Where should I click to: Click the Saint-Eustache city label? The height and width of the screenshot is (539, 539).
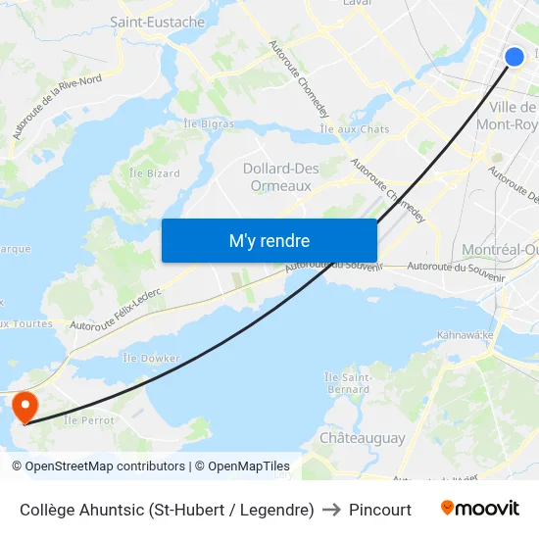click(157, 22)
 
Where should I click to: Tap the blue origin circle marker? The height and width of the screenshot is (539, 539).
click(514, 57)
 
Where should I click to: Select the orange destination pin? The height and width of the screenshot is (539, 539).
click(23, 407)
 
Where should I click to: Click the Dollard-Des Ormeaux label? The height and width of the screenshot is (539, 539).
click(280, 176)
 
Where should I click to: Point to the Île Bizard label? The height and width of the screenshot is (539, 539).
click(155, 173)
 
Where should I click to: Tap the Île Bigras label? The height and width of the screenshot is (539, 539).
click(209, 123)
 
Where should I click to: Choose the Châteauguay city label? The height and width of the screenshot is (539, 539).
click(362, 438)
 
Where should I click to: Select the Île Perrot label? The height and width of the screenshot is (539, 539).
click(88, 420)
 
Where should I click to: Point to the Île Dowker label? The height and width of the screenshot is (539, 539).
click(151, 359)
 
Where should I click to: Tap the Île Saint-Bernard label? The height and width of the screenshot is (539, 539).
click(347, 383)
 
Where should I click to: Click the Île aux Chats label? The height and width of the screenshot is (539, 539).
click(355, 129)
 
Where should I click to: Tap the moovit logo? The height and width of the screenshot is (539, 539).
click(479, 509)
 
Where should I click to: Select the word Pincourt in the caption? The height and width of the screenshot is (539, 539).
click(380, 510)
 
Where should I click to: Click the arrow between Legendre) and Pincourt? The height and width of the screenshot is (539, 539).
click(331, 510)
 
